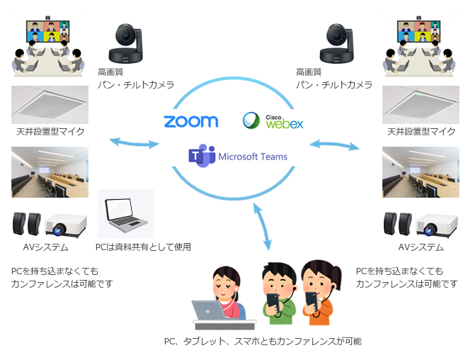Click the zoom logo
click(190, 121)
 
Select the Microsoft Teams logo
click(238, 156)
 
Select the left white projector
click(66, 226)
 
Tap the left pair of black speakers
click(28, 225)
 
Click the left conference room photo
click(50, 172)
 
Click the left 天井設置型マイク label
click(50, 131)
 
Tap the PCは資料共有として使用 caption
click(143, 247)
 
